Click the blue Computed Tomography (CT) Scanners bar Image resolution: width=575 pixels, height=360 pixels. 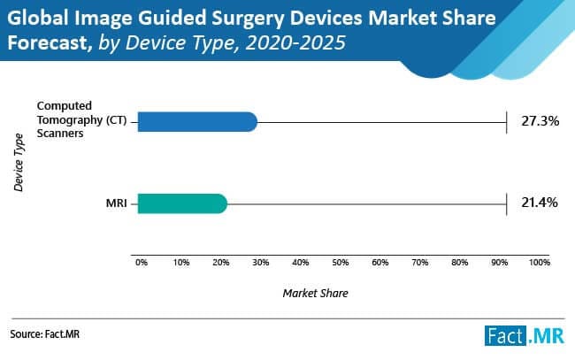coord(196,122)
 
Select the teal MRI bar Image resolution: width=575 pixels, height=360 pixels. coord(181,204)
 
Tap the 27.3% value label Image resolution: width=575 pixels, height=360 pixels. coord(540,121)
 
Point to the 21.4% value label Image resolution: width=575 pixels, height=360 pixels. coord(540,203)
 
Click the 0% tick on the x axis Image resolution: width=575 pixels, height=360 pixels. coord(142,263)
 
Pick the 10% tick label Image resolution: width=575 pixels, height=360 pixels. coord(181,263)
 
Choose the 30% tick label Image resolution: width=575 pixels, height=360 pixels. coord(261,263)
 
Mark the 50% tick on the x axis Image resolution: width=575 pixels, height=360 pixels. coord(341,263)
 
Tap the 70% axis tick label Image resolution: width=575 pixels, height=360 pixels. coord(420,263)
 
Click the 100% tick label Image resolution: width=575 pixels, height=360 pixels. coord(538,263)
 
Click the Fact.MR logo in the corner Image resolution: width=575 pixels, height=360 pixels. coord(525,335)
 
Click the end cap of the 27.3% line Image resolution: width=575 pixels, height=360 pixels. coord(506,122)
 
